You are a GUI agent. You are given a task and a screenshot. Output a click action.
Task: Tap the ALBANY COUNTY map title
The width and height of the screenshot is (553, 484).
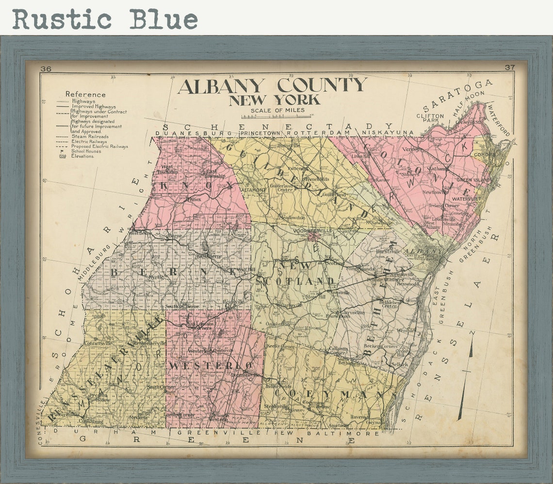pos(272,86)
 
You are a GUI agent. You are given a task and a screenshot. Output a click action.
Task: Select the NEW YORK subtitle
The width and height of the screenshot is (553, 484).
pos(275,100)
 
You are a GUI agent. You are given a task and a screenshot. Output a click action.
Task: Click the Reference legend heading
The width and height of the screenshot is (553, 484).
pos(85,94)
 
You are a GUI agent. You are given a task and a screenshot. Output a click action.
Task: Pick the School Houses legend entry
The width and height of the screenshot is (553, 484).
pos(86,151)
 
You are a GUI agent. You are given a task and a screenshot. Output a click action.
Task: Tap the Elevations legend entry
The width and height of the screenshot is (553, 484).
pos(83,156)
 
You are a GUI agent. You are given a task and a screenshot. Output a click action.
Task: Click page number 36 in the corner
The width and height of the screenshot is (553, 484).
pos(46,68)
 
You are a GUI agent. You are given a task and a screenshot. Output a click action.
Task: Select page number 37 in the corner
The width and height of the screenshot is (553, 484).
pos(509,67)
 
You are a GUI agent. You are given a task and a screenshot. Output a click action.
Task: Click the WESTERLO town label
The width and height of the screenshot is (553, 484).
pos(211,365)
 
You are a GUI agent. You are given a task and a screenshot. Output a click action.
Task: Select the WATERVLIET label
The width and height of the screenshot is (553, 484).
pos(465,199)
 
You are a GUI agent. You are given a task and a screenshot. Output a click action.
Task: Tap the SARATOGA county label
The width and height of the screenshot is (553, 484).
pos(457,95)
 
